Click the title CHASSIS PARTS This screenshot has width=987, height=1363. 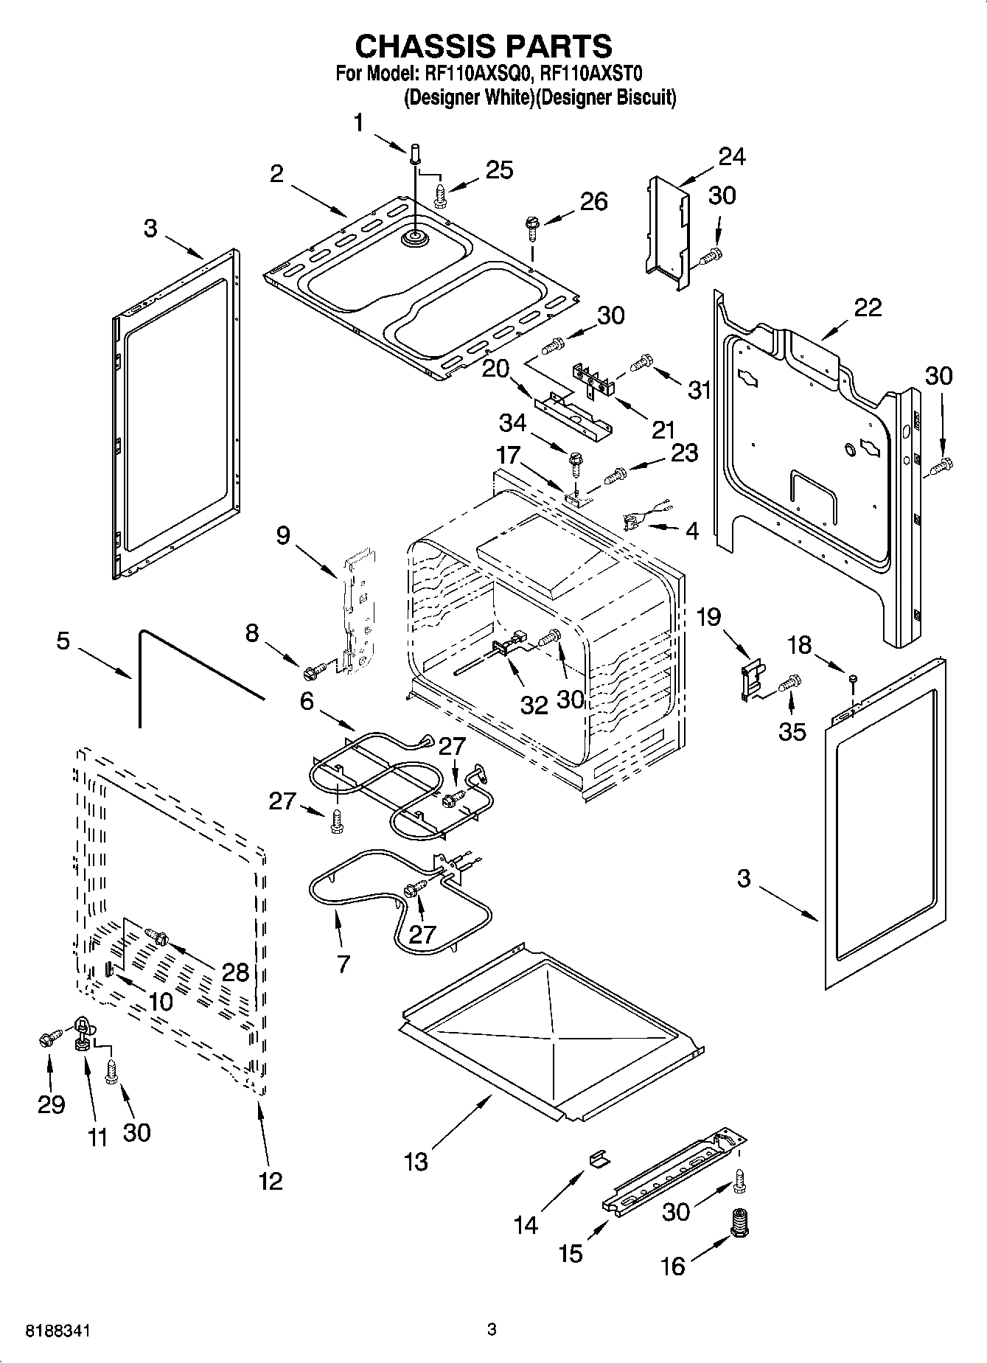click(484, 46)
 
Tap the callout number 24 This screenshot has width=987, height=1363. click(731, 156)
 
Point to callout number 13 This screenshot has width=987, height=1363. click(416, 1162)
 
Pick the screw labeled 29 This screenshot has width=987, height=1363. click(50, 1040)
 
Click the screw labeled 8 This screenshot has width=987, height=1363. click(313, 670)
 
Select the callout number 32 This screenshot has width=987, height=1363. click(534, 705)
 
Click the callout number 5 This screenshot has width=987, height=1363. click(63, 641)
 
